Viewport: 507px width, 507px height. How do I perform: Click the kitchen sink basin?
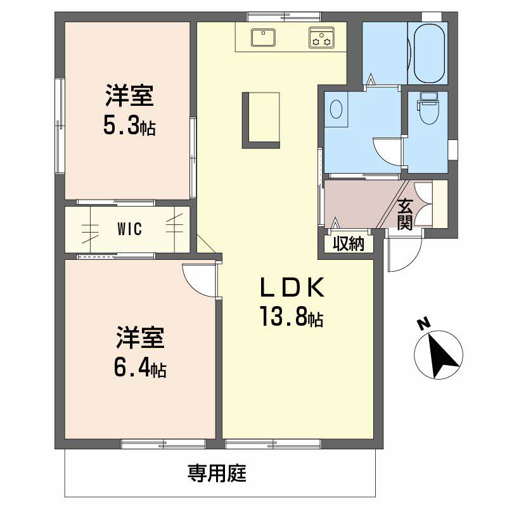263,37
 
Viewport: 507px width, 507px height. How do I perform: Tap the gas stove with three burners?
321,37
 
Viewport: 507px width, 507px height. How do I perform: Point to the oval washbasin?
337,108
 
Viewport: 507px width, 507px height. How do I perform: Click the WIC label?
130,229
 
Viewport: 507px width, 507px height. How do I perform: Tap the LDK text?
292,287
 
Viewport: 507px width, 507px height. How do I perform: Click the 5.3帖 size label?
129,125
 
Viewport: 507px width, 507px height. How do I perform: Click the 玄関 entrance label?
404,214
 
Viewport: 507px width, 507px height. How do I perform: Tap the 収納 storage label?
349,243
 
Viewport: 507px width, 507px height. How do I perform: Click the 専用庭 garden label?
217,473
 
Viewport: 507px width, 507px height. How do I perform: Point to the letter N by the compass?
423,324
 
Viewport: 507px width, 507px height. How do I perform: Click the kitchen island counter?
261,120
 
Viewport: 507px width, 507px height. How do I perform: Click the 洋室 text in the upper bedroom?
129,96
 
